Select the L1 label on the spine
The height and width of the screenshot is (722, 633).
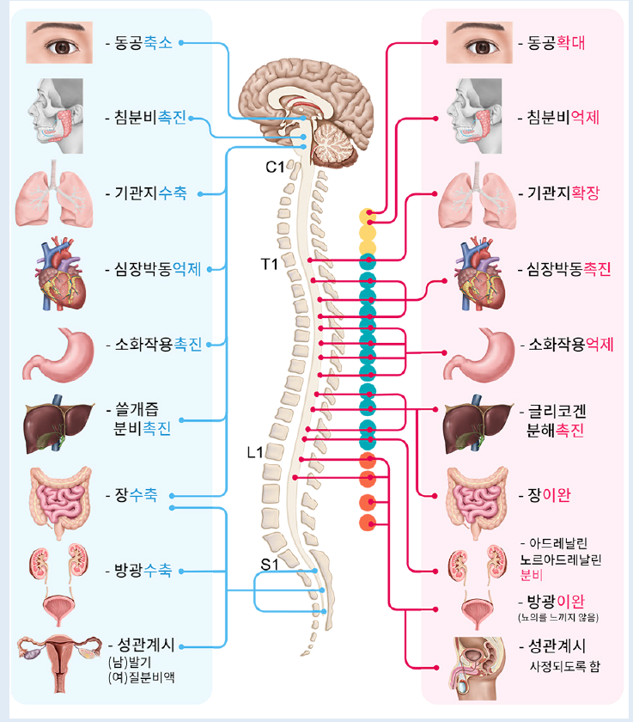tap(255, 452)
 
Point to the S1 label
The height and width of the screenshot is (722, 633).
tap(270, 565)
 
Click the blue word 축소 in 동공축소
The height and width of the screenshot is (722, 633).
tap(159, 41)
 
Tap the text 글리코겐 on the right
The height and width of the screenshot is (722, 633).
tap(558, 412)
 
